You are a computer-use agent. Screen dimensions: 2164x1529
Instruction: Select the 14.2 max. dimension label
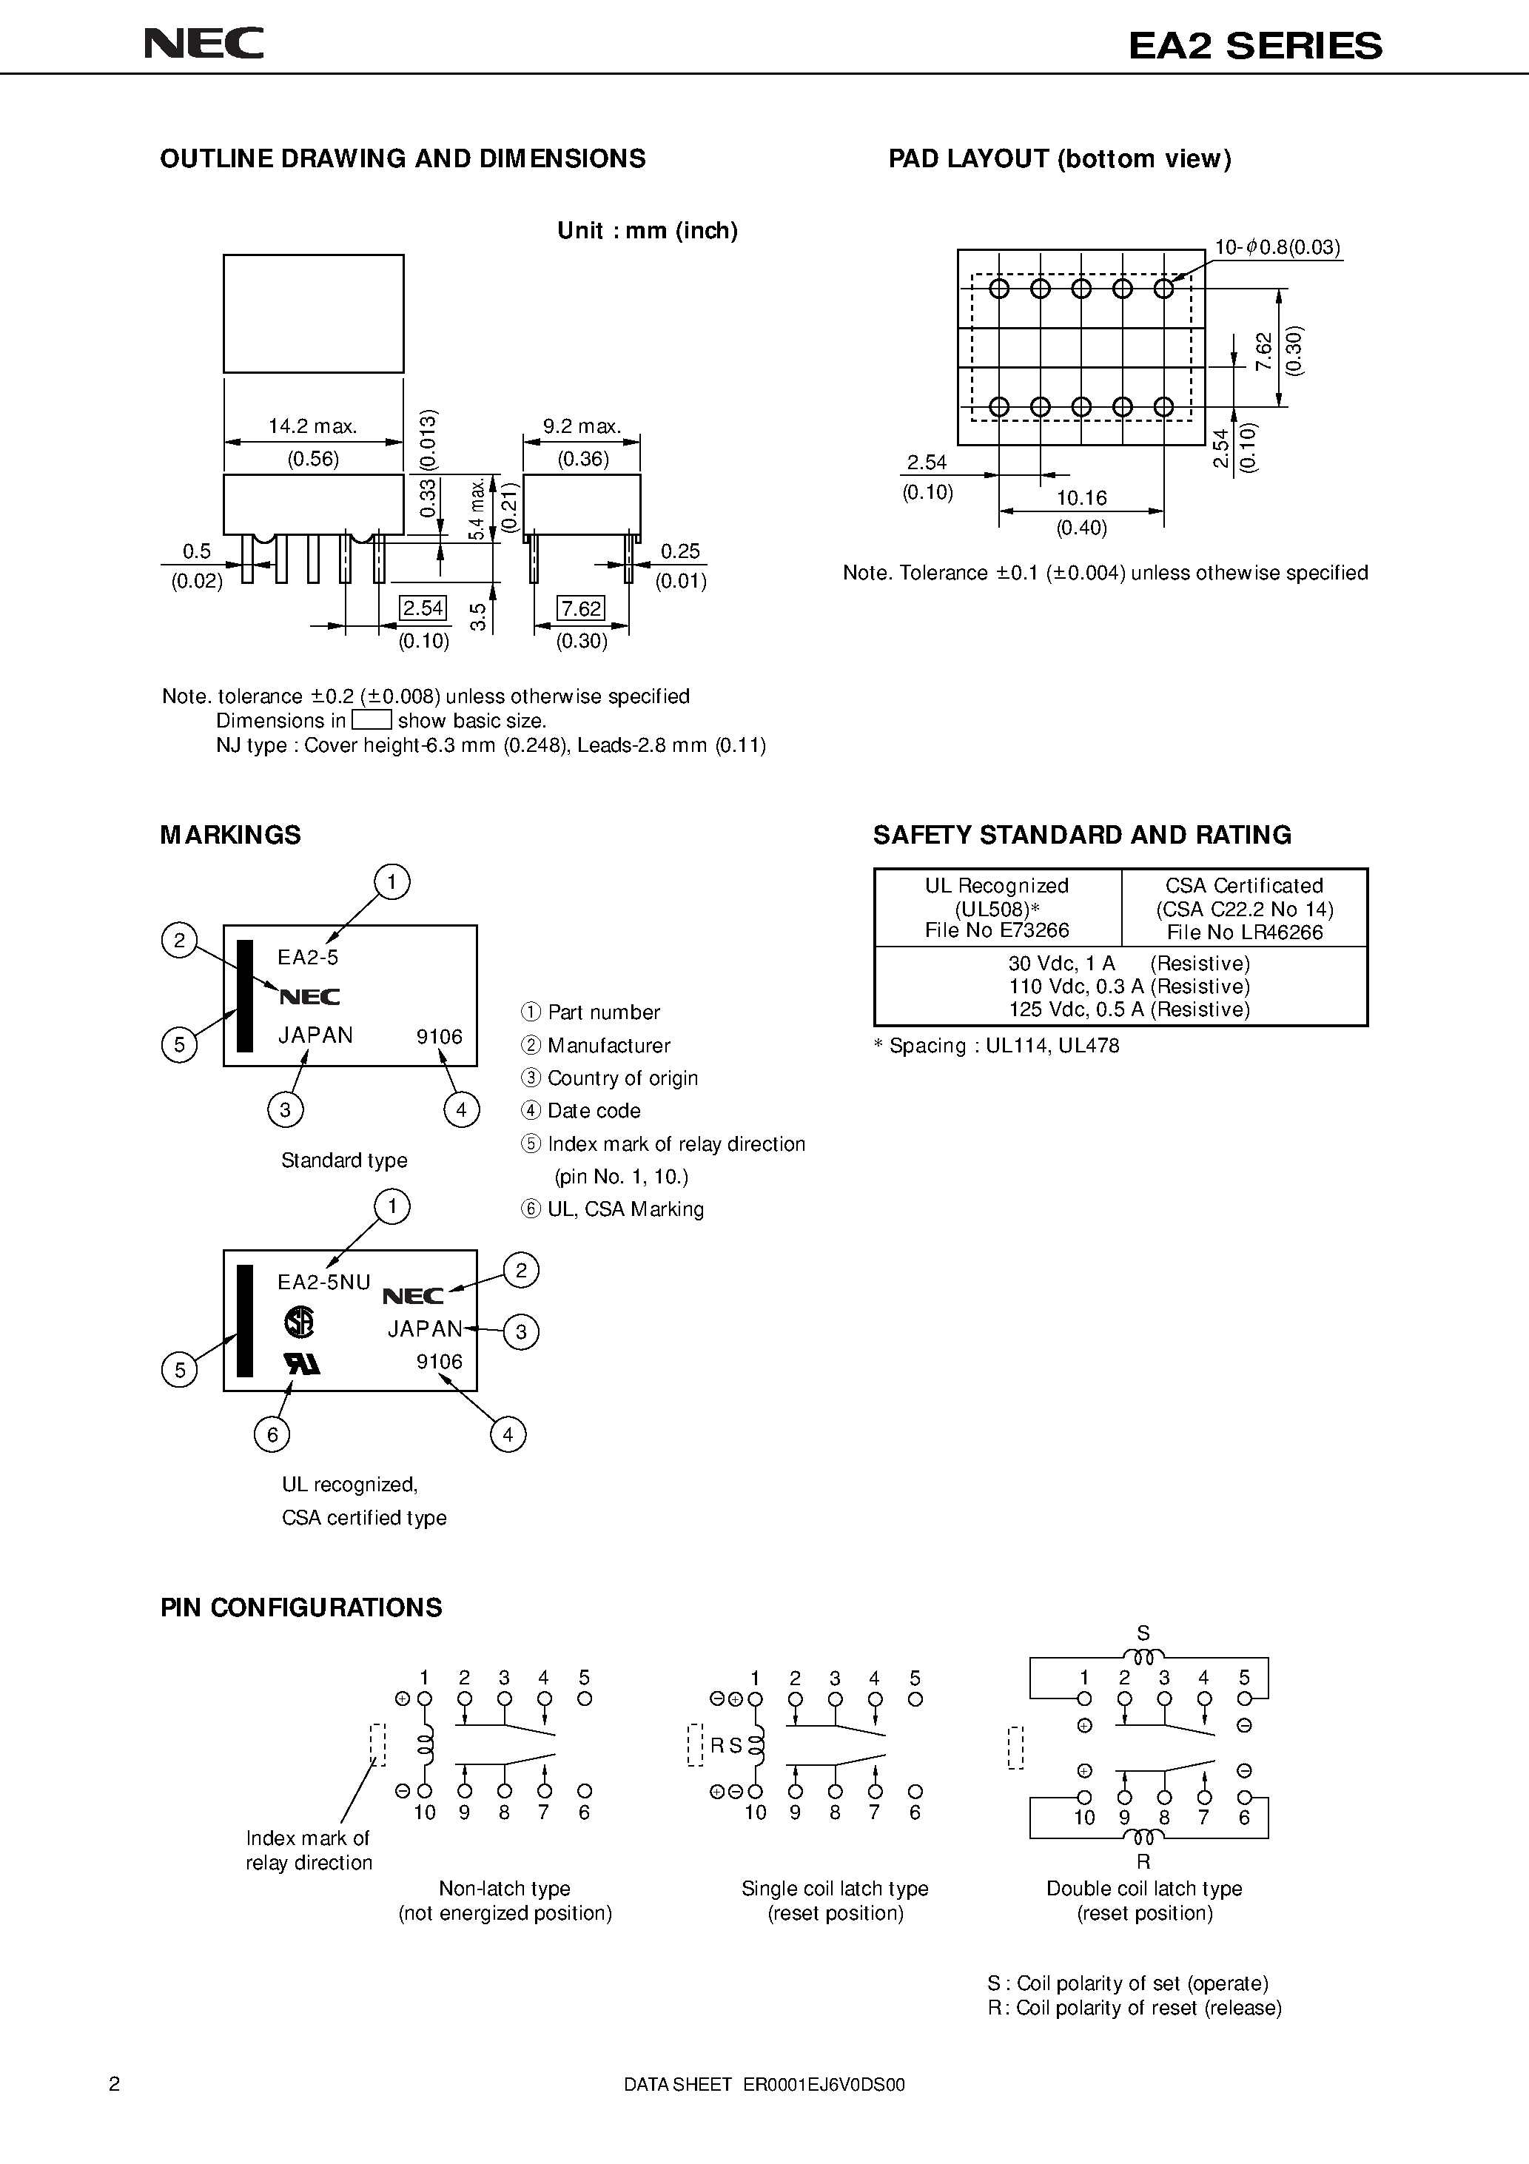(312, 426)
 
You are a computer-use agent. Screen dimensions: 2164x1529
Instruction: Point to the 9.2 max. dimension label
(582, 426)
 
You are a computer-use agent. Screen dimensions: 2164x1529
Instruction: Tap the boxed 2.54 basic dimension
(423, 608)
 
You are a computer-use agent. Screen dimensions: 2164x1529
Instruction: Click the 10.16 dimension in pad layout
(1081, 497)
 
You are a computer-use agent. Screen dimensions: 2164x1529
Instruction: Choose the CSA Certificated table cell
(1244, 907)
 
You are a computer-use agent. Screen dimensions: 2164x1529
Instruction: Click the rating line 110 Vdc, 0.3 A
(1129, 986)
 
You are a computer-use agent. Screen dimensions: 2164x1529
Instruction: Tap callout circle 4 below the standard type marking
(461, 1109)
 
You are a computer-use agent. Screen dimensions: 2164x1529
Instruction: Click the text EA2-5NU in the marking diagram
(323, 1282)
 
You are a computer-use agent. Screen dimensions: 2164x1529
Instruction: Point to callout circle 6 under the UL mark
(272, 1434)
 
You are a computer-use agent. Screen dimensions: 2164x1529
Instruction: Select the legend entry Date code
(593, 1110)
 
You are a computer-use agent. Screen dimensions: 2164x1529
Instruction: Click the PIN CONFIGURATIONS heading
(300, 1607)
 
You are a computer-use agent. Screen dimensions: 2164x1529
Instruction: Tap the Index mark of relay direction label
(309, 1849)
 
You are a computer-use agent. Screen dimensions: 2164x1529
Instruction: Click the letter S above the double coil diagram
(1143, 1633)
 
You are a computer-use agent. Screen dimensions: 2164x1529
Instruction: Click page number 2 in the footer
(115, 2084)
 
